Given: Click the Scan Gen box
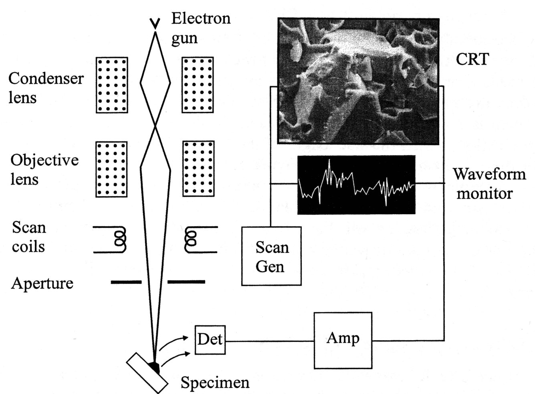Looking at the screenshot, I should pyautogui.click(x=271, y=256).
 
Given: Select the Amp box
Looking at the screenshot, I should pyautogui.click(x=343, y=340).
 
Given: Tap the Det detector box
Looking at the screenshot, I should pyautogui.click(x=210, y=340).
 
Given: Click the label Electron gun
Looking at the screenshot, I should pyautogui.click(x=200, y=28).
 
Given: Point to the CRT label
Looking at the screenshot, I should pyautogui.click(x=472, y=59).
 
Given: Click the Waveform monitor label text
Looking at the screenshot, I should pyautogui.click(x=489, y=183).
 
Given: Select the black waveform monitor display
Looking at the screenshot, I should pyautogui.click(x=356, y=185).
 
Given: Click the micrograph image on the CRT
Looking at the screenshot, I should pyautogui.click(x=358, y=81).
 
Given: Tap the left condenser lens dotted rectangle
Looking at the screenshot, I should pyautogui.click(x=112, y=85).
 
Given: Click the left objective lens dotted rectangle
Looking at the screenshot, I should pyautogui.click(x=111, y=169).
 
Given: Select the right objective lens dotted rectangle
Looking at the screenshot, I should pyautogui.click(x=198, y=169).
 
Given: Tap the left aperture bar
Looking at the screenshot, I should pyautogui.click(x=126, y=282).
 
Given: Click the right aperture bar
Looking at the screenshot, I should pyautogui.click(x=186, y=282).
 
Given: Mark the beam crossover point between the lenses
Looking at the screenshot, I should pyautogui.click(x=155, y=126).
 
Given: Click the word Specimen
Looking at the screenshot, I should pyautogui.click(x=215, y=382).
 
